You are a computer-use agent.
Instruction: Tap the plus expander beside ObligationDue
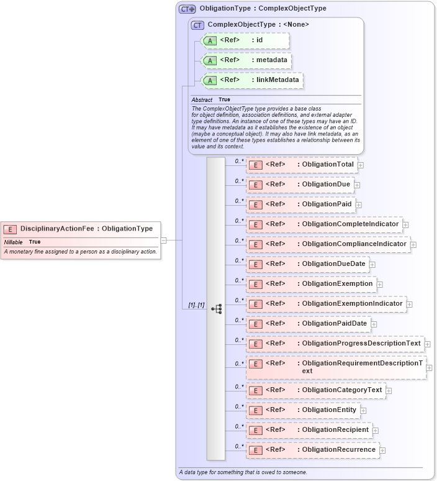[357, 185]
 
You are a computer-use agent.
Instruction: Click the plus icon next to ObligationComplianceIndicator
[413, 245]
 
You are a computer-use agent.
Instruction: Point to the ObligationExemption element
[310, 284]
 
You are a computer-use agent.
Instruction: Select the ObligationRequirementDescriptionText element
[335, 367]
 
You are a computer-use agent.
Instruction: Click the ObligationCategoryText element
[315, 390]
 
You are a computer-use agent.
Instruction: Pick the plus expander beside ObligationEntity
[363, 411]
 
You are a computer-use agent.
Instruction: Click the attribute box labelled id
[245, 41]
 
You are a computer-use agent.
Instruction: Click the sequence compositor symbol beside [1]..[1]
[217, 308]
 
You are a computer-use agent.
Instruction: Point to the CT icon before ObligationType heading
[187, 9]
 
